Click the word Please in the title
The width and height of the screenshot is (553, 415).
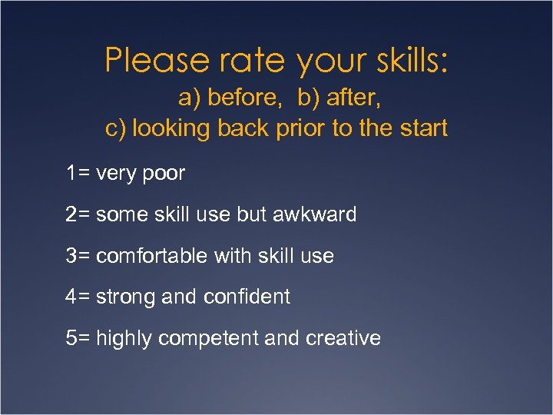[x=145, y=60]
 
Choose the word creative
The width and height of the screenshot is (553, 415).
[x=345, y=338]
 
